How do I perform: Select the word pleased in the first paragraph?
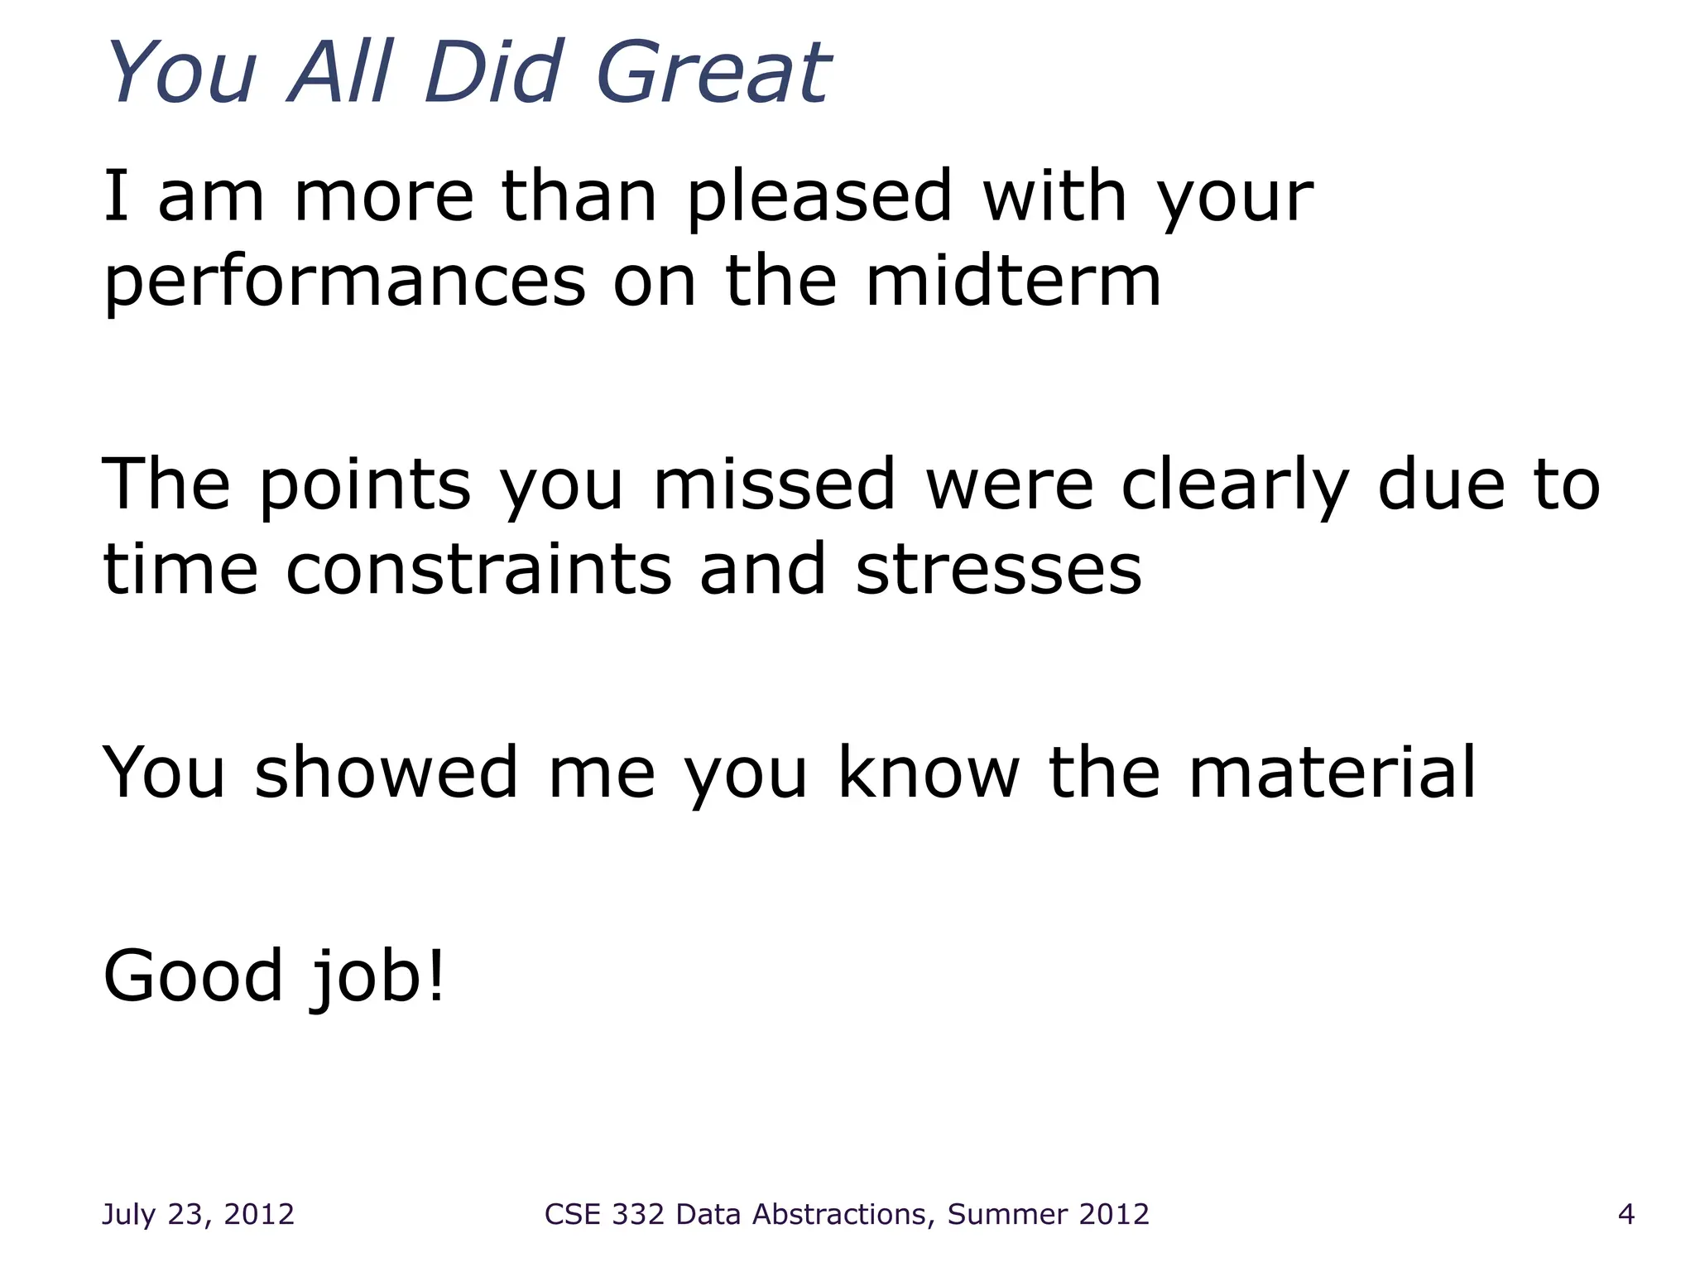pos(819,199)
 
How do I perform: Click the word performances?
pos(344,283)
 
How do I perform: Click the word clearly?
pos(1234,487)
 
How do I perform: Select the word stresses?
pos(998,571)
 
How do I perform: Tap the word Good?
pos(193,976)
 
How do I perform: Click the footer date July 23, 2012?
pos(198,1214)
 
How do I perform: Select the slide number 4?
pos(1625,1214)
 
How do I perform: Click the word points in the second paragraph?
pos(365,487)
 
